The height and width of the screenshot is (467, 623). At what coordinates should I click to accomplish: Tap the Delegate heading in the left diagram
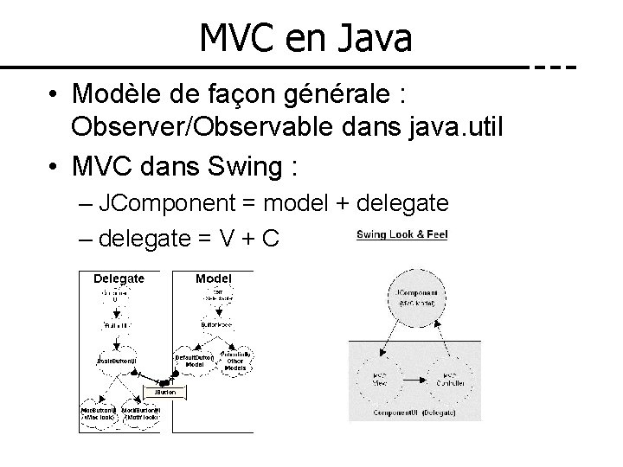tap(119, 278)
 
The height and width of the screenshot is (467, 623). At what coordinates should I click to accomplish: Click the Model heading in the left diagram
tap(213, 278)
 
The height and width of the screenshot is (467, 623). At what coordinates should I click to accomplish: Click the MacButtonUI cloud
tap(99, 412)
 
